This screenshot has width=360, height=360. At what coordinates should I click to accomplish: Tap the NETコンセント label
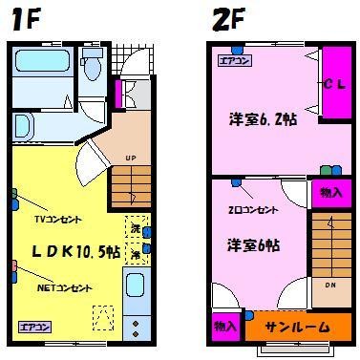coord(64,286)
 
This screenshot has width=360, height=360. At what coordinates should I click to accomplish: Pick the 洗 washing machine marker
coord(136,230)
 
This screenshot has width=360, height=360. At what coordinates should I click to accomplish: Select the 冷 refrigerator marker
coord(136,255)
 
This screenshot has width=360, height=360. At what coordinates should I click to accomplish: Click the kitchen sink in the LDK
coord(136,286)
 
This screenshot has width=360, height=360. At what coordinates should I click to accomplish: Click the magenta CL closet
coord(333,84)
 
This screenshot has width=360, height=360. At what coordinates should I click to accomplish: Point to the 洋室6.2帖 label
coord(262,120)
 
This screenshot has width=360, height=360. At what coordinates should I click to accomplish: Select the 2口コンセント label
coord(254,209)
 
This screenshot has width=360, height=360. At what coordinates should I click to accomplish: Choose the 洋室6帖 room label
coord(253,244)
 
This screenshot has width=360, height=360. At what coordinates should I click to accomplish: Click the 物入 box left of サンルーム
coord(225,326)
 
